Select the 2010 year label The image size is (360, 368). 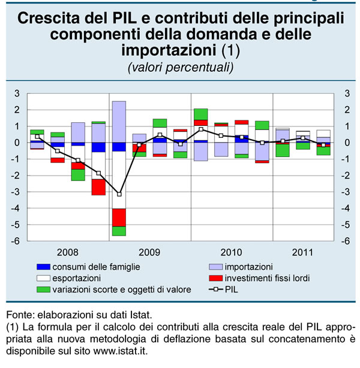click(x=230, y=252)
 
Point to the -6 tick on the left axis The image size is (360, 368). click(x=19, y=241)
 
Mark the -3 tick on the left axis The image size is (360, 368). click(x=19, y=192)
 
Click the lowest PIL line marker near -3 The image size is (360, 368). click(x=119, y=194)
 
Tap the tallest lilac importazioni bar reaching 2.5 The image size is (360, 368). click(x=119, y=120)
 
